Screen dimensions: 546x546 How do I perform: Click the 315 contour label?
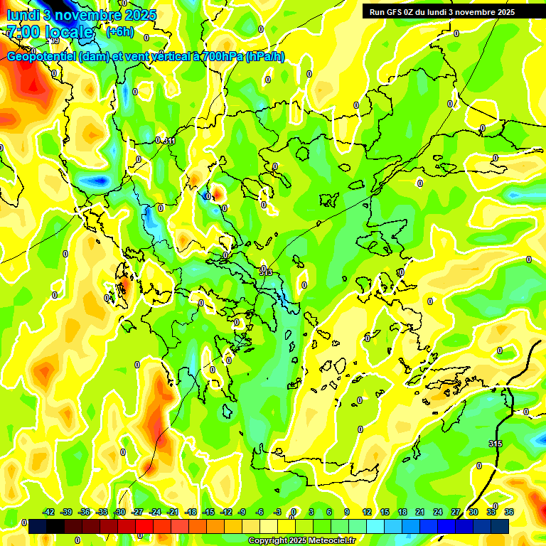pyautogui.click(x=496, y=444)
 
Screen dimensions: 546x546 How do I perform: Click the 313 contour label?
pyautogui.click(x=267, y=272)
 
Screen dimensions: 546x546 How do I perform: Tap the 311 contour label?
pyautogui.click(x=169, y=141)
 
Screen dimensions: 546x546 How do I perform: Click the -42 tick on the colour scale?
pyautogui.click(x=49, y=512)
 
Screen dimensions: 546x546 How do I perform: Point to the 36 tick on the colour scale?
pyautogui.click(x=509, y=512)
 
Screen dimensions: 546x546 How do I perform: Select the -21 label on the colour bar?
pyautogui.click(x=173, y=512)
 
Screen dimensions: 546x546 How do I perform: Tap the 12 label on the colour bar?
pyautogui.click(x=367, y=512)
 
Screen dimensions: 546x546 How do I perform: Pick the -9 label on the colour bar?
pyautogui.click(x=242, y=512)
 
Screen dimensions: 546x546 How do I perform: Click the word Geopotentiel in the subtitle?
pyautogui.click(x=41, y=56)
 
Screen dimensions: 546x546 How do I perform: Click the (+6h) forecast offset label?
pyautogui.click(x=119, y=32)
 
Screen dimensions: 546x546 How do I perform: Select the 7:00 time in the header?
pyautogui.click(x=23, y=32)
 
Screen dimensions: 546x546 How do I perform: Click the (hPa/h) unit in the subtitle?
pyautogui.click(x=264, y=56)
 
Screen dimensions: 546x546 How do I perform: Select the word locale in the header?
pyautogui.click(x=70, y=32)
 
